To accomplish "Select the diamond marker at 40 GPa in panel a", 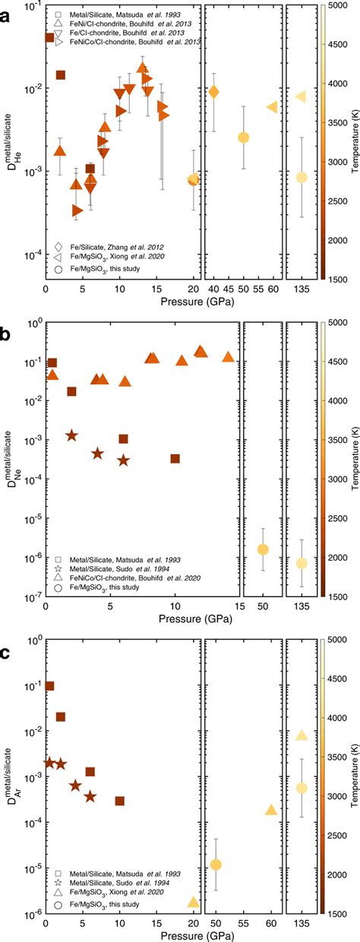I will [x=214, y=92].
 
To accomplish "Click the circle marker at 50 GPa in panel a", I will [x=243, y=138].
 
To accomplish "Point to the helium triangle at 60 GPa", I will [x=272, y=107].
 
